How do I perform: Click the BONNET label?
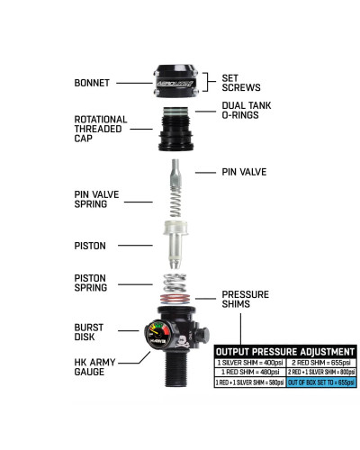tap(93, 83)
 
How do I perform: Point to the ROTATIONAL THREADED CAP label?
tap(101, 130)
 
